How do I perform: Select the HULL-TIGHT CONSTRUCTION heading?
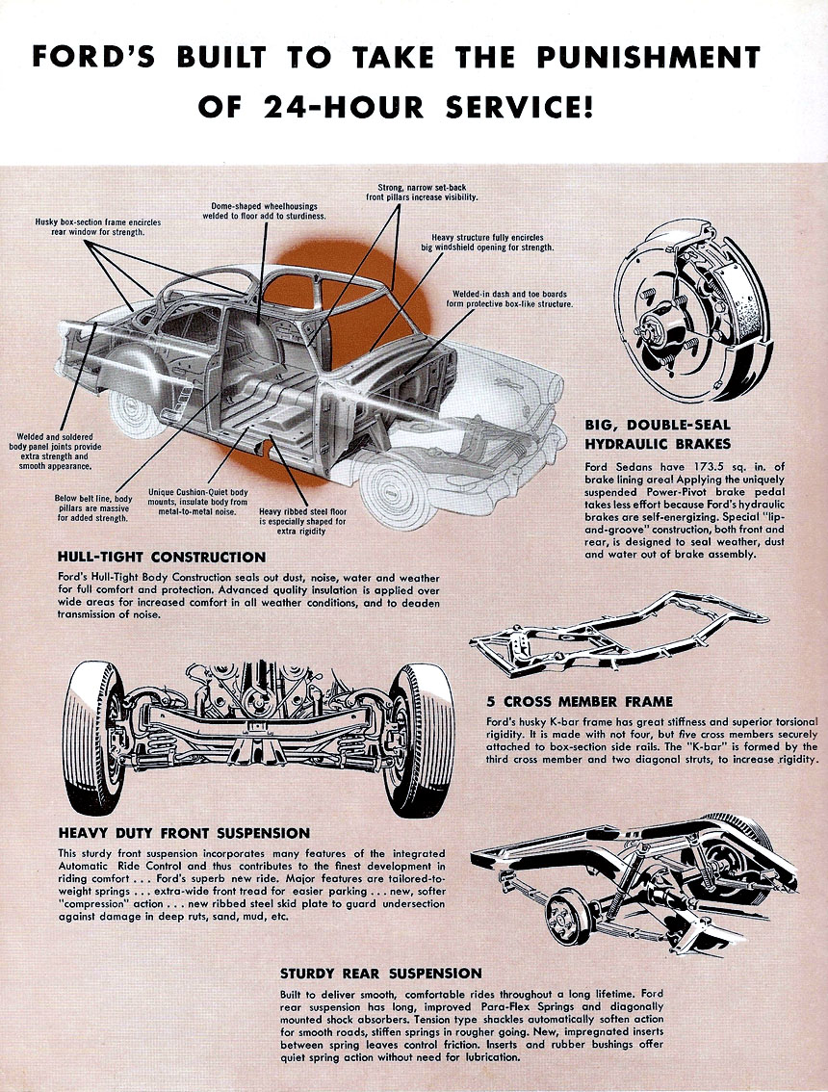pyautogui.click(x=162, y=557)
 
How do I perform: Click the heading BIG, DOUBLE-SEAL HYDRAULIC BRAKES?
pyautogui.click(x=658, y=434)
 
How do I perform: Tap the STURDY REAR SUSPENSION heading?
pyautogui.click(x=381, y=974)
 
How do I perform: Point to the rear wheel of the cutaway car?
pyautogui.click(x=135, y=404)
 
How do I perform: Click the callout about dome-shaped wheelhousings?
pyautogui.click(x=269, y=211)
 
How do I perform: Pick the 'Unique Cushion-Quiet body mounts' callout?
pyautogui.click(x=198, y=502)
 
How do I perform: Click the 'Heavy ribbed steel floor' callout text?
pyautogui.click(x=302, y=521)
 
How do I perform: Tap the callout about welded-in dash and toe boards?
pyautogui.click(x=509, y=299)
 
